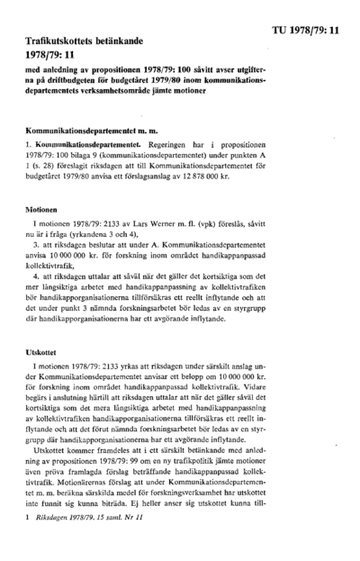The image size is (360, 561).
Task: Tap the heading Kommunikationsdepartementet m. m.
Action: point(79,131)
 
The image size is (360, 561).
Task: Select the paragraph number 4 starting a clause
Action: point(34,276)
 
